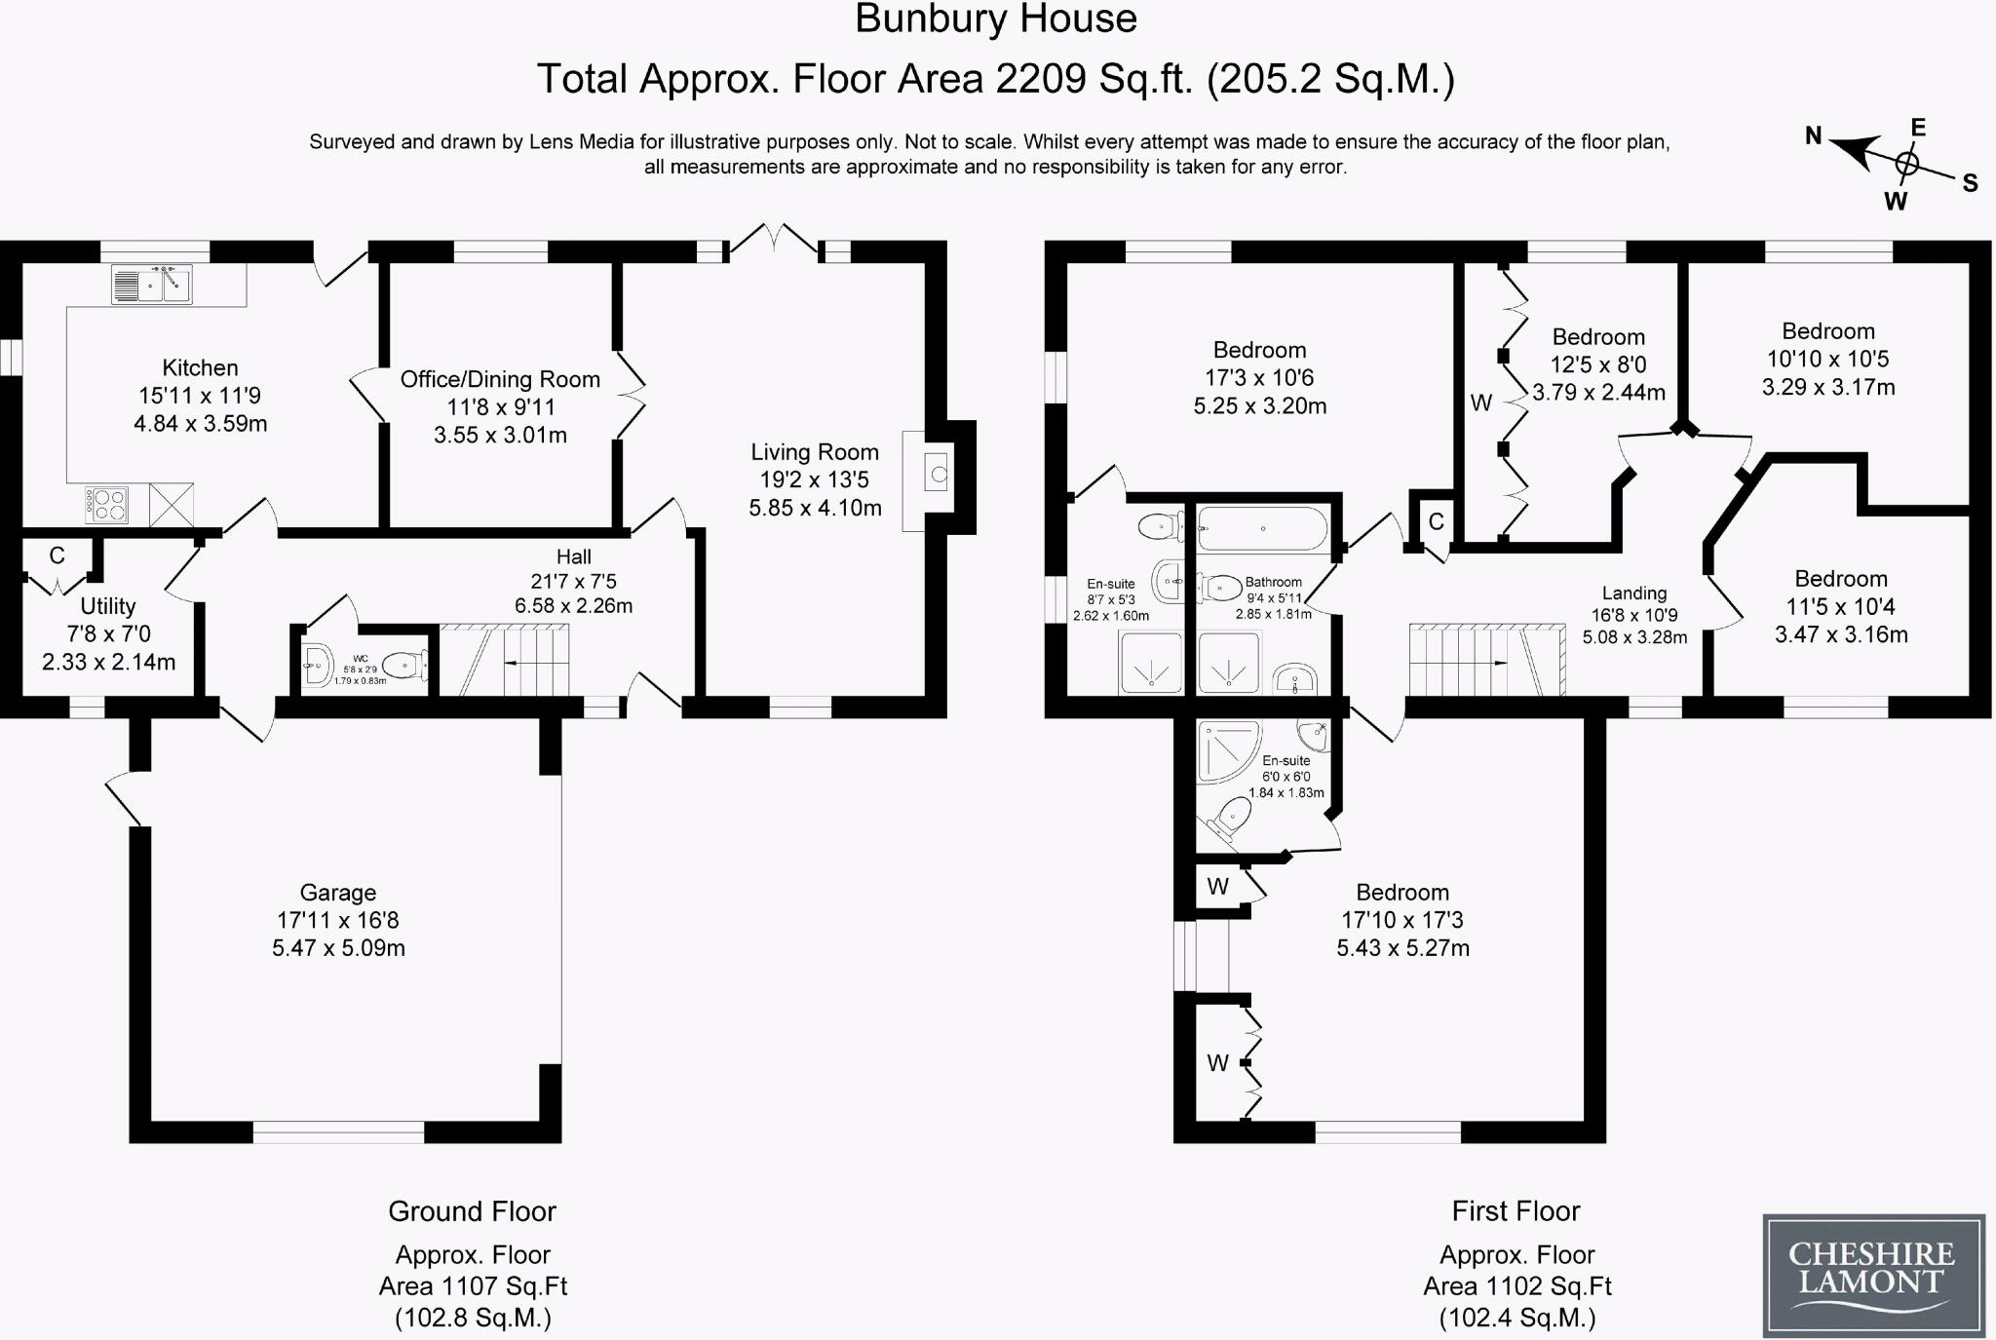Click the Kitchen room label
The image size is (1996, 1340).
tap(200, 368)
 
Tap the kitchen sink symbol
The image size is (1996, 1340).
tap(151, 284)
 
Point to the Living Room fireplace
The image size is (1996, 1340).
tap(938, 476)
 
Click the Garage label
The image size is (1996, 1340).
tap(337, 893)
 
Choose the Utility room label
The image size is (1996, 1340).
tap(108, 606)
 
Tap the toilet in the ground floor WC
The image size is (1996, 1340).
tap(404, 666)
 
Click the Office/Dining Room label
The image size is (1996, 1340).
tap(500, 380)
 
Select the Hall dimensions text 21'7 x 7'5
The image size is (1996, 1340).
tap(573, 582)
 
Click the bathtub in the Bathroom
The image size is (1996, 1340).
tap(1262, 528)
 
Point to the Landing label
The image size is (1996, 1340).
tap(1634, 593)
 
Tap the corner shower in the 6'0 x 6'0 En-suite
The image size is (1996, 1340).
tap(1229, 752)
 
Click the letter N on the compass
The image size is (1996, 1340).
tap(1814, 136)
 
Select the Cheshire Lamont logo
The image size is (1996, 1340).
tap(1873, 1275)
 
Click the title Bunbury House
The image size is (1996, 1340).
tap(996, 19)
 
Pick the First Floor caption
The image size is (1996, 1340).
tap(1516, 1211)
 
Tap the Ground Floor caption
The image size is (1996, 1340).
tap(472, 1211)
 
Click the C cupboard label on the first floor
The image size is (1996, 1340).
tap(1436, 522)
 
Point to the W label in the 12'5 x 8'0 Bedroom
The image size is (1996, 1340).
tap(1481, 402)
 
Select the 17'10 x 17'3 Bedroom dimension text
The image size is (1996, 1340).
tap(1402, 920)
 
